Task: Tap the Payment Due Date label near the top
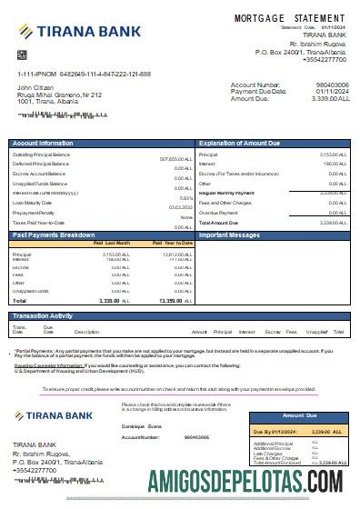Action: (x=260, y=91)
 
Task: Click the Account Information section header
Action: (x=44, y=144)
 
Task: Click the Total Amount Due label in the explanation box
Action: (x=218, y=222)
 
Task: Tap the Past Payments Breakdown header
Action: (x=55, y=235)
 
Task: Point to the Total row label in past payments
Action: (x=19, y=299)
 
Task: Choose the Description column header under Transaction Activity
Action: (x=86, y=333)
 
